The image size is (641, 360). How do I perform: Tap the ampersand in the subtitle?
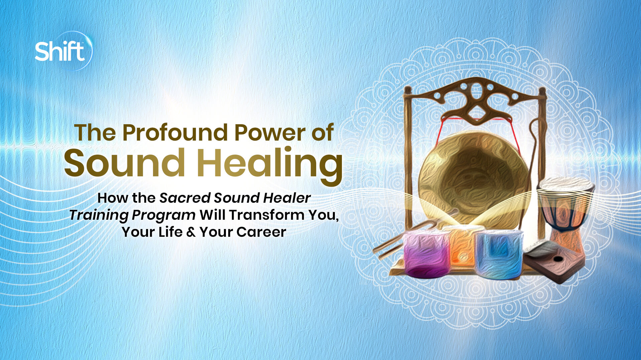[x=191, y=232]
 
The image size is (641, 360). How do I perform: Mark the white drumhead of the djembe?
[x=566, y=184]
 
